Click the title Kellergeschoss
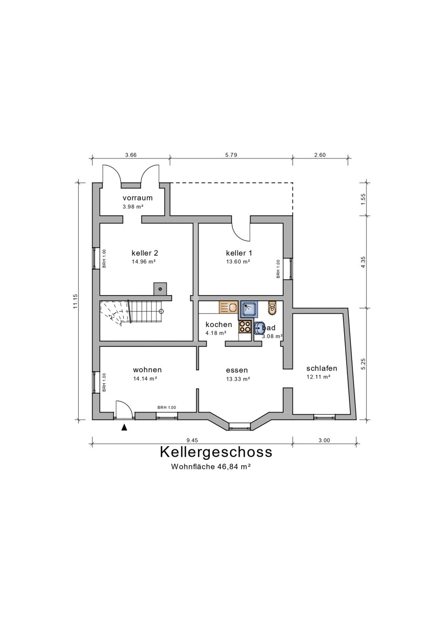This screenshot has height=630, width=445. [215, 452]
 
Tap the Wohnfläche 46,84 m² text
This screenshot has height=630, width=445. [210, 466]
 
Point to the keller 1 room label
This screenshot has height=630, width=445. [238, 253]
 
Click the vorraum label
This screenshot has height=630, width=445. [137, 198]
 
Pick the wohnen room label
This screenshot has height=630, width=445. [147, 369]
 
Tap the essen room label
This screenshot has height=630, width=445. [237, 370]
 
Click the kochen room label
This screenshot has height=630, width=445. [219, 324]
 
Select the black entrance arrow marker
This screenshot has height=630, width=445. [124, 427]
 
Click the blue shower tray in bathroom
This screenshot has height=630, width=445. [248, 310]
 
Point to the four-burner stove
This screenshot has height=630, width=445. [245, 327]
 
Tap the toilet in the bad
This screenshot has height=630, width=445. [272, 307]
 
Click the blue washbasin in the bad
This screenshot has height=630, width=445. [260, 329]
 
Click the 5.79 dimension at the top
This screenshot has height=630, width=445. [231, 155]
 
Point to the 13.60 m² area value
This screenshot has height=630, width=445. [238, 261]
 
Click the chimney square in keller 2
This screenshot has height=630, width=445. [160, 288]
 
